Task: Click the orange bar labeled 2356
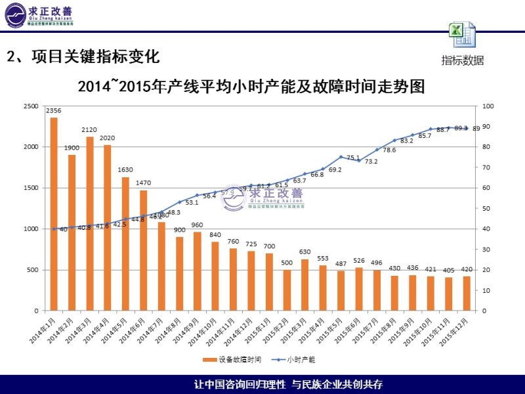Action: tap(54, 213)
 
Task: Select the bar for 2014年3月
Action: tap(90, 223)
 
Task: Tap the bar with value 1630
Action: tap(125, 244)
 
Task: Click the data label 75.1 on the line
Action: tap(353, 158)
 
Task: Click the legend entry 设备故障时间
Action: tap(234, 360)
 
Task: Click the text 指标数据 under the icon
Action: tap(463, 60)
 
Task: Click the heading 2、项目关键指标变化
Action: tap(83, 56)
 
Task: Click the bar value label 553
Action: tap(323, 259)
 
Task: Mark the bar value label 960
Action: tap(197, 225)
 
